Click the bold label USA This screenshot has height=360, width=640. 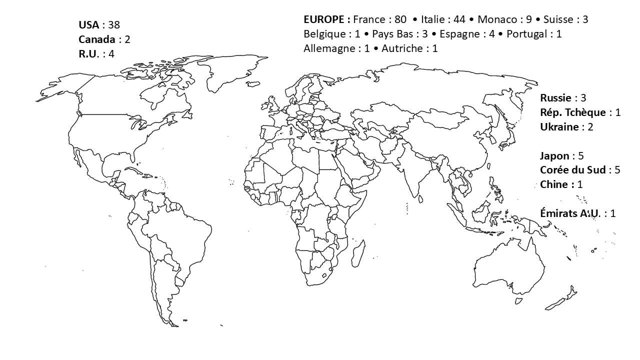89,25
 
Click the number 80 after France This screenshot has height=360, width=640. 400,19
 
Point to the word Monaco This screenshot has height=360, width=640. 497,19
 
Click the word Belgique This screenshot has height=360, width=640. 324,34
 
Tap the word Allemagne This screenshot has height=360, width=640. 328,48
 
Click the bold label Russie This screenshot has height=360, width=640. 555,98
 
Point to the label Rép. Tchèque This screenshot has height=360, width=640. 572,112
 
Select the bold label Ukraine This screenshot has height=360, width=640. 558,127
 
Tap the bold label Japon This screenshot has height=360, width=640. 554,156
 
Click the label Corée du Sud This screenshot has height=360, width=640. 573,170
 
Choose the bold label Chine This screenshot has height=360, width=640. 554,184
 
